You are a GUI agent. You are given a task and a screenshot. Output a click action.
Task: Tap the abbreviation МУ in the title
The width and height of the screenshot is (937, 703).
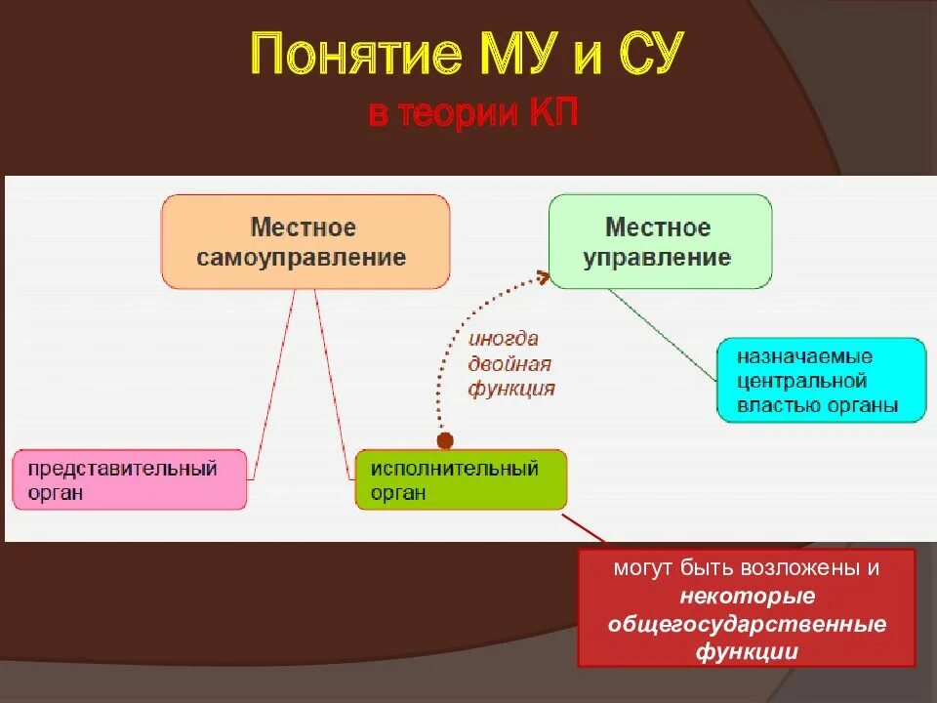[x=514, y=57]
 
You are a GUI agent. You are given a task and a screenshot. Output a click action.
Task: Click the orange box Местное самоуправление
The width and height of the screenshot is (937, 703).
[x=306, y=242]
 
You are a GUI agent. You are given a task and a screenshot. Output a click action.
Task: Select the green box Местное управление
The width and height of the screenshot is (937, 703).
[x=659, y=242]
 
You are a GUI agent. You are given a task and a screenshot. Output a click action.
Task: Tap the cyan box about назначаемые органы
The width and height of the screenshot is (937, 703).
[x=821, y=381]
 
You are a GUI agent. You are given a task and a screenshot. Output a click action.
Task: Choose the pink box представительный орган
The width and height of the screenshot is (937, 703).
[x=130, y=479]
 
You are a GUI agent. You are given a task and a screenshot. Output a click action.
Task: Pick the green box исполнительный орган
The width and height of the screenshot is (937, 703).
[x=460, y=479]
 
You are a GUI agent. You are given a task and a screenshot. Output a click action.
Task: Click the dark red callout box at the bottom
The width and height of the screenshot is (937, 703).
[x=747, y=607]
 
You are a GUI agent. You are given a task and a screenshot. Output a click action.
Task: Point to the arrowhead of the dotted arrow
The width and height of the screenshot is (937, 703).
[x=542, y=277]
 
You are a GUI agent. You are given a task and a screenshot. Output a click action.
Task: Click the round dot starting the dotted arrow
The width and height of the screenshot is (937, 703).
[x=444, y=439]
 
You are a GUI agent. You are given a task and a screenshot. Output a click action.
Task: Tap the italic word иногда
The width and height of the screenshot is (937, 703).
[x=504, y=339]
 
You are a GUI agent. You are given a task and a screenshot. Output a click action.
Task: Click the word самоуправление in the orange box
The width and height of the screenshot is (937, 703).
[x=302, y=258]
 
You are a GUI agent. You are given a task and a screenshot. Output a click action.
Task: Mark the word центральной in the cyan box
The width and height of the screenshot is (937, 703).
[x=802, y=381]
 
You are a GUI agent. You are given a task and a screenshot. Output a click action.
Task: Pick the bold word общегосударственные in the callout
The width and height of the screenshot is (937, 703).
[x=747, y=624]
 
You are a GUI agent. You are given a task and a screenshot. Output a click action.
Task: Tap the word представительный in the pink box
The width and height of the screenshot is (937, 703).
[x=122, y=468]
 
